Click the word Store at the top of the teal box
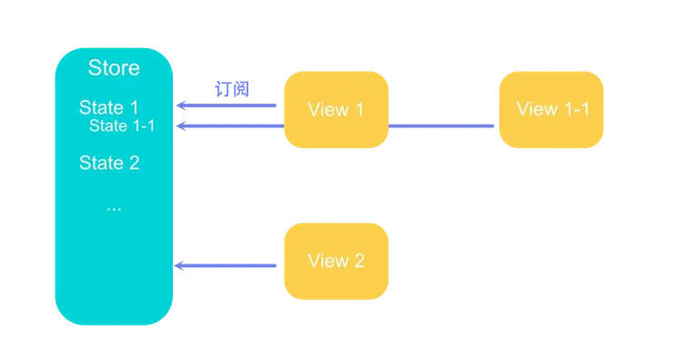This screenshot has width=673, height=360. (x=114, y=68)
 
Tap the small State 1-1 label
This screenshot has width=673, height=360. (x=122, y=125)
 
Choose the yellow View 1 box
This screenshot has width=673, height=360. (x=336, y=110)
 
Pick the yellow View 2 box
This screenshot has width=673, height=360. (x=336, y=262)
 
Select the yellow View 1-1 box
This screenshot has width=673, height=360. (x=552, y=110)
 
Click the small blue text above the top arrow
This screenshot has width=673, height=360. (x=232, y=89)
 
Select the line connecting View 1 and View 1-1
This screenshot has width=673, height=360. (x=444, y=126)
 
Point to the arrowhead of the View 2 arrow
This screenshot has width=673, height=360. (x=180, y=266)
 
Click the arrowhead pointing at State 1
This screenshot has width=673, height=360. (x=180, y=107)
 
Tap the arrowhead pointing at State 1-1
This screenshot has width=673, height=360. (x=180, y=126)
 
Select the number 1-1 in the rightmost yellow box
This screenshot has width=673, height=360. (x=573, y=110)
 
